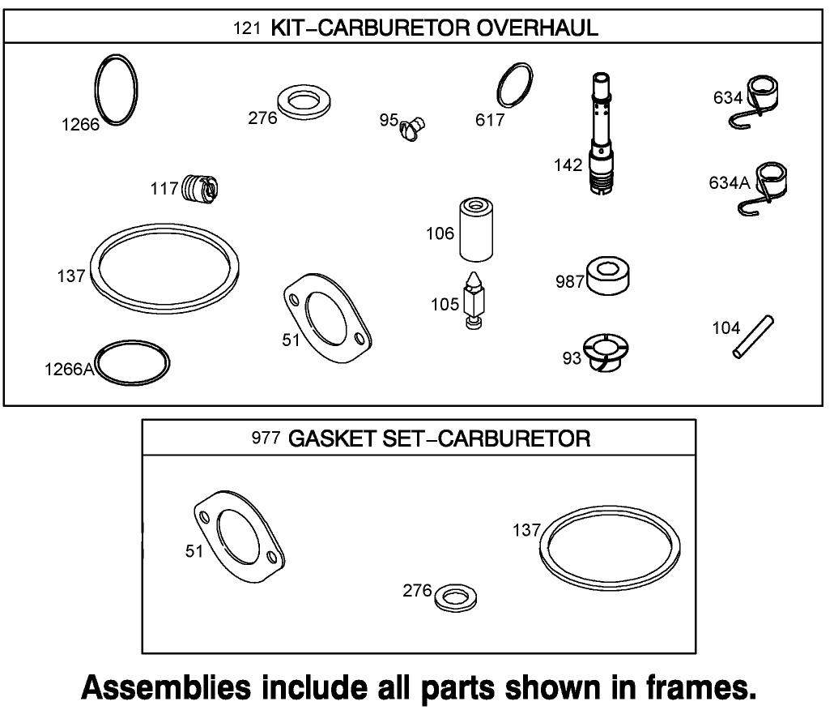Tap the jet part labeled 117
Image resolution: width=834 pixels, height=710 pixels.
coord(200,189)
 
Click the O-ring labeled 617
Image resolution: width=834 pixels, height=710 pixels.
coord(514,85)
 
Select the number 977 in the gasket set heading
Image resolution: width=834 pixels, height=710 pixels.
coord(266,439)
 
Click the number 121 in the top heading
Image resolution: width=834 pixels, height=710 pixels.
coord(245,28)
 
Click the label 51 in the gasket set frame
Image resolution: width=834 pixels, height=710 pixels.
coord(194,551)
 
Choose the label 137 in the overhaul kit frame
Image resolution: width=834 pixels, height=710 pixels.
coord(71,276)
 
